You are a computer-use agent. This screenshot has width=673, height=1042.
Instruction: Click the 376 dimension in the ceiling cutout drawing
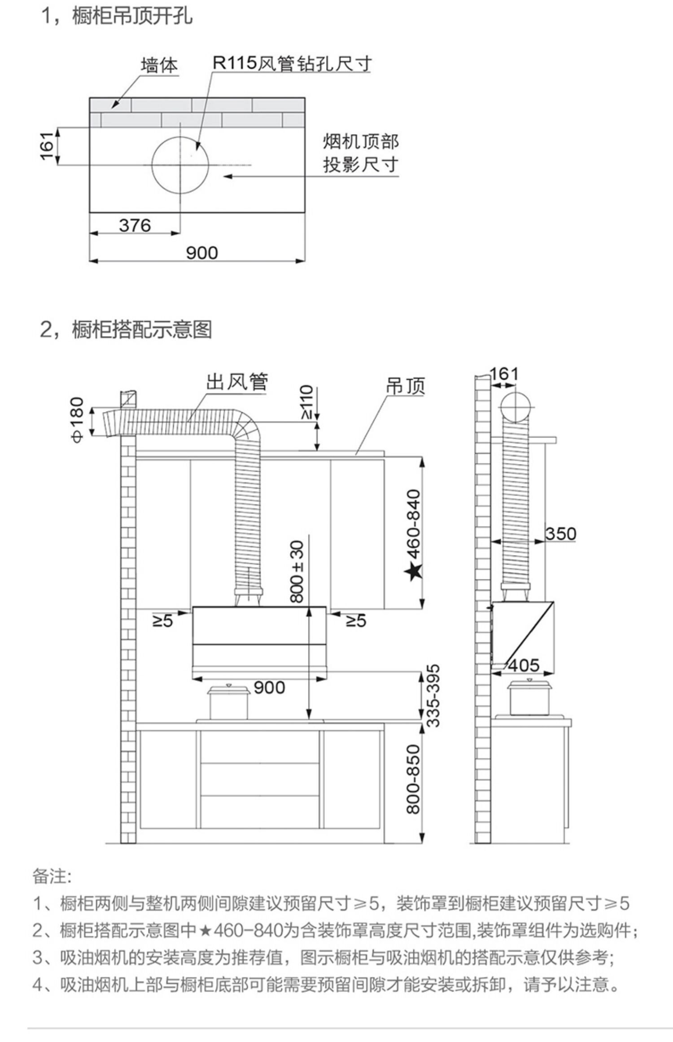135,225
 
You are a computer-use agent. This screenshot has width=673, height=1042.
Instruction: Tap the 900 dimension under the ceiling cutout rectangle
202,253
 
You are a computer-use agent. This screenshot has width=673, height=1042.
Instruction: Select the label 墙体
159,66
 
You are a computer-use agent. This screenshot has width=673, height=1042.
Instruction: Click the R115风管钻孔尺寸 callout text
292,64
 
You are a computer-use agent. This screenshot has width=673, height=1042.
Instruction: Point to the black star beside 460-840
413,572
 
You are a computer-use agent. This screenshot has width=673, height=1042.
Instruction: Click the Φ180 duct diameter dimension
78,420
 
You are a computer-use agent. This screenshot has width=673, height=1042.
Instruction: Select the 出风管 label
237,382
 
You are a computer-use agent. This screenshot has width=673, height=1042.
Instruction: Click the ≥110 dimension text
306,402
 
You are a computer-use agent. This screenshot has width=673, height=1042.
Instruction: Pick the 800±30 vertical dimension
297,571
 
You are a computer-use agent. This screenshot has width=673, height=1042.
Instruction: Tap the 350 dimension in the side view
560,534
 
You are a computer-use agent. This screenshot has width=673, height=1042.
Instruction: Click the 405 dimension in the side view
524,665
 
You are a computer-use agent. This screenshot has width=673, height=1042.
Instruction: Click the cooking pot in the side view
529,698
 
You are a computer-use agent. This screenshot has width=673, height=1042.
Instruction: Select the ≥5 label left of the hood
162,621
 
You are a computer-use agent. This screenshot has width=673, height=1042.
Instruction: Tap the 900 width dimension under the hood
269,687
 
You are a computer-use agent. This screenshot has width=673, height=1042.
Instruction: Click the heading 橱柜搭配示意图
142,330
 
